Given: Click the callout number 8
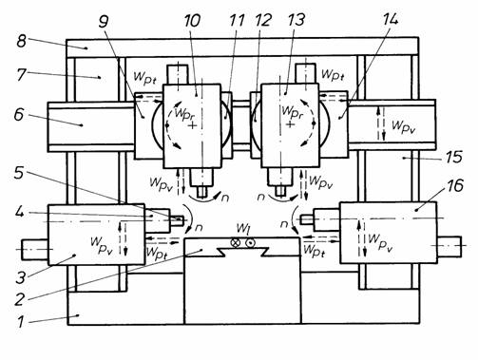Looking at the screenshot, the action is pyautogui.click(x=21, y=41).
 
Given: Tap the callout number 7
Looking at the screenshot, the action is pyautogui.click(x=21, y=74).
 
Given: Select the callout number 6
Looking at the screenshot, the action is pyautogui.click(x=19, y=114).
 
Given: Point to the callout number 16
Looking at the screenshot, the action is pyautogui.click(x=455, y=185).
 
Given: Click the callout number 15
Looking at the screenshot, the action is pyautogui.click(x=453, y=157).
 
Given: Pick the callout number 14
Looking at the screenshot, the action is pyautogui.click(x=390, y=20).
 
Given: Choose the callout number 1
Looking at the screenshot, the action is pyautogui.click(x=20, y=322).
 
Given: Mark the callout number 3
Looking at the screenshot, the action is pyautogui.click(x=21, y=277).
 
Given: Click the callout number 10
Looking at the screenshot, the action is pyautogui.click(x=192, y=21).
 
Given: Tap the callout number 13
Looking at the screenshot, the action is pyautogui.click(x=296, y=20).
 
